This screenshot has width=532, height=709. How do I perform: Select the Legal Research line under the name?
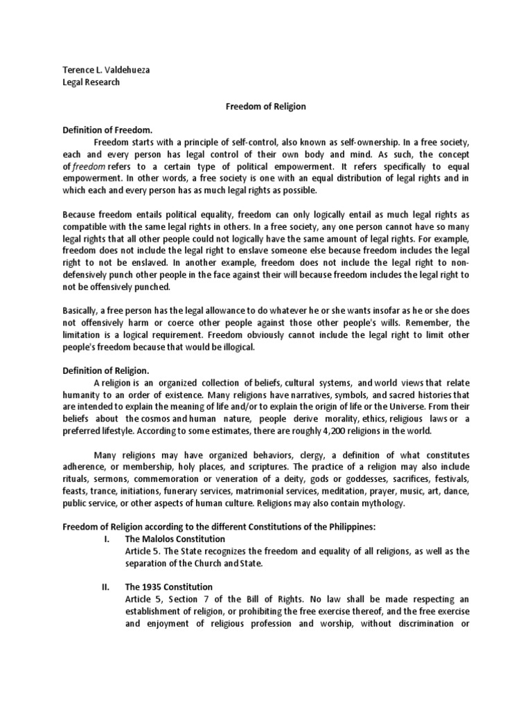click(91, 82)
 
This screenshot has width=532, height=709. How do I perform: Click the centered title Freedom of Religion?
click(266, 107)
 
